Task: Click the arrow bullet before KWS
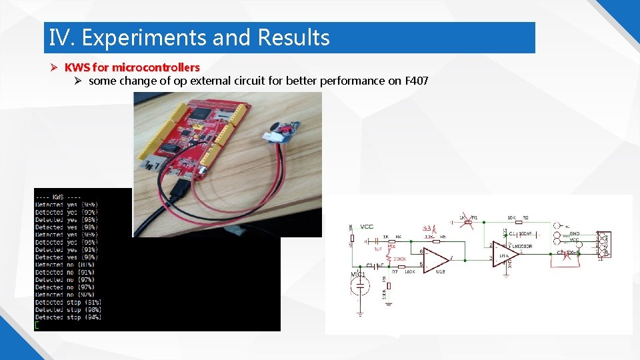56,67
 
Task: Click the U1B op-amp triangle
436,257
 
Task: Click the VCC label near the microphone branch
367,227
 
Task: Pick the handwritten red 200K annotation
399,259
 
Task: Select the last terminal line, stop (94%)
68,317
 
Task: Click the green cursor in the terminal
37,325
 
